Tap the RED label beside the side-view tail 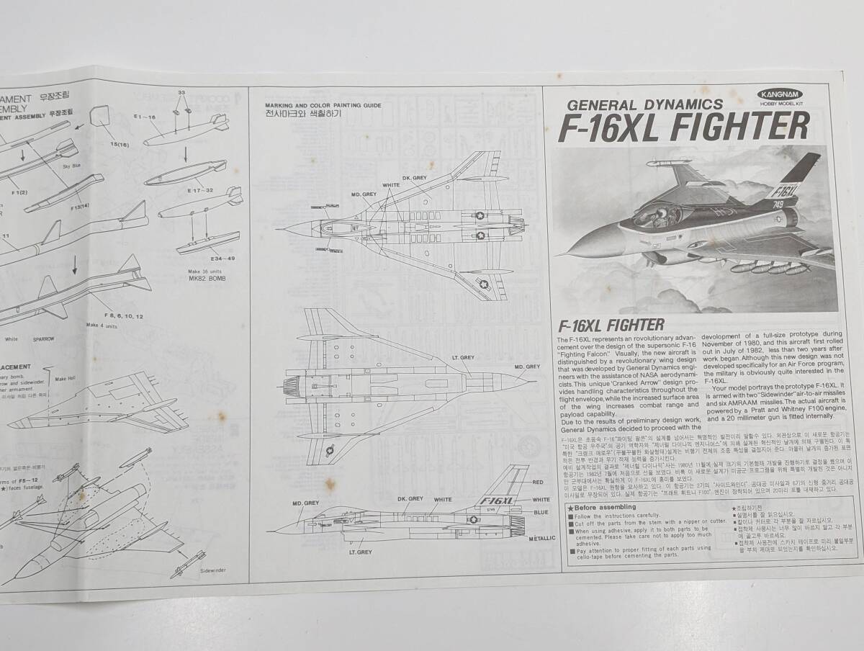point(539,482)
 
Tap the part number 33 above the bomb point(181,93)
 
